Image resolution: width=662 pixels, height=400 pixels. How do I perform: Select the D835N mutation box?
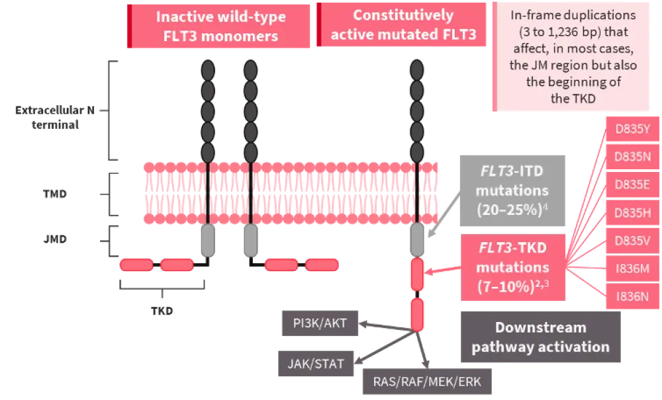pos(632,157)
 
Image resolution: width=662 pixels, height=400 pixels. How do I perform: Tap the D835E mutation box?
pos(632,184)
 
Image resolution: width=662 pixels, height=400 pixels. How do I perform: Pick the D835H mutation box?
pos(632,212)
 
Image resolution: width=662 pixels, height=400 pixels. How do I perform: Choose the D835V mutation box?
pos(632,240)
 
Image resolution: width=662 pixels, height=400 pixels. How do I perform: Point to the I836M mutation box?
pos(632,268)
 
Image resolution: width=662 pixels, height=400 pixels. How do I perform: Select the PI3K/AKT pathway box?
pos(320,323)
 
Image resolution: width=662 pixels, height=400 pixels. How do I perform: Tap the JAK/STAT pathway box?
pos(316,364)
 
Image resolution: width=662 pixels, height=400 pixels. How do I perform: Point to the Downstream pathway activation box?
pos(541,337)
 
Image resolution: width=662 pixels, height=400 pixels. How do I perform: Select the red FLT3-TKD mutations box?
pos(512,267)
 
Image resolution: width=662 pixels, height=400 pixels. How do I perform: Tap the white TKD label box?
pos(161,310)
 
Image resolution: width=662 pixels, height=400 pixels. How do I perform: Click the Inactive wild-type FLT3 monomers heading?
pos(220,26)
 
